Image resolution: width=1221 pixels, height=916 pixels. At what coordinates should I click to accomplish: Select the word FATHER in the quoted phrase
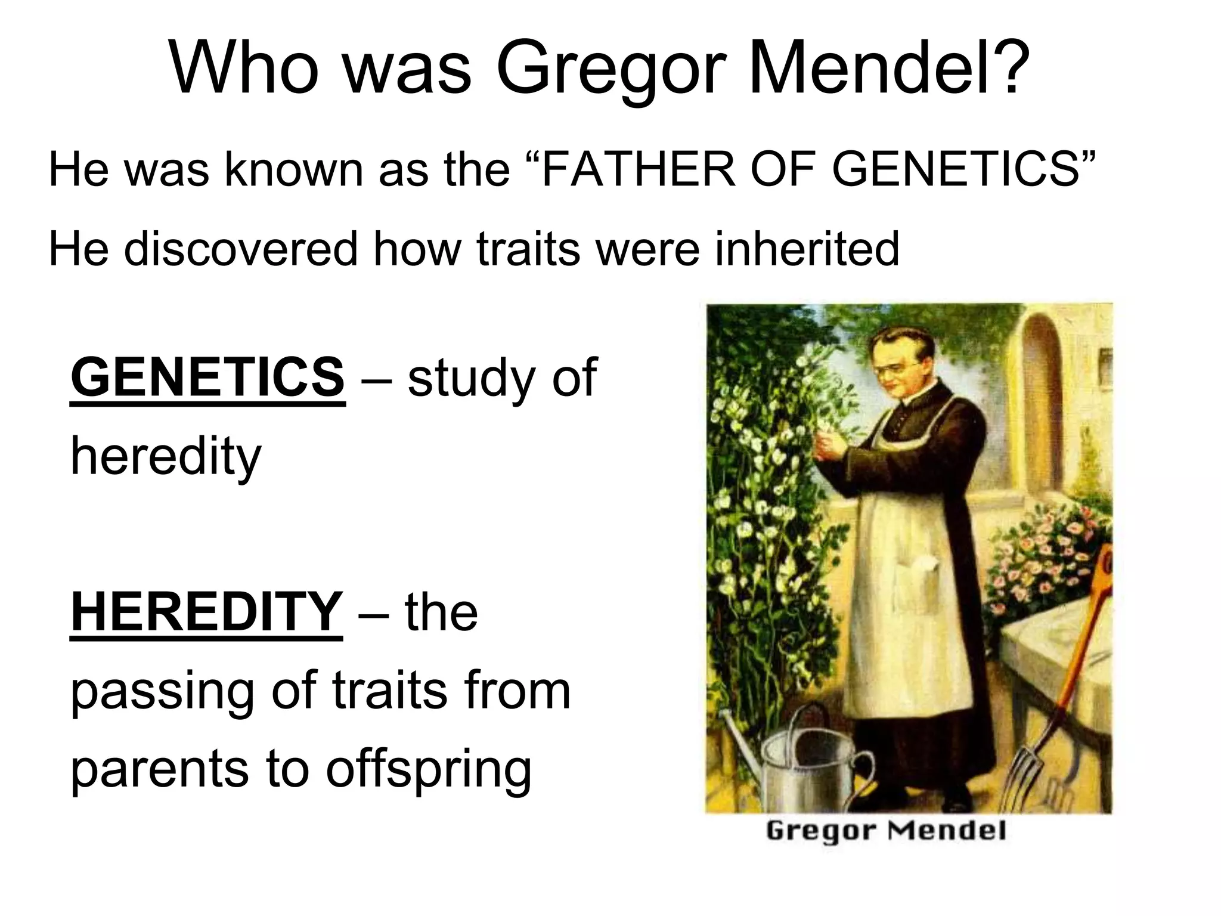637,170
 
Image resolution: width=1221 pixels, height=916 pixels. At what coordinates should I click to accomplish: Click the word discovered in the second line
241,249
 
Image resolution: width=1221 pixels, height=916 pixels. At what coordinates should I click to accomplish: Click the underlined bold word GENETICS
207,377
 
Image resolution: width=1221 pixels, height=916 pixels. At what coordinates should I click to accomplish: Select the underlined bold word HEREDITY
206,612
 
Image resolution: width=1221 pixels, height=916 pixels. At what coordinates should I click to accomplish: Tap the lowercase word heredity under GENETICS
166,456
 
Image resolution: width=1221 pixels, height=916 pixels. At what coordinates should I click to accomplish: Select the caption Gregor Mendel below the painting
886,830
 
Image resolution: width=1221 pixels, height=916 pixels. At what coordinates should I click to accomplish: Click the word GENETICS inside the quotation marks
954,170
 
